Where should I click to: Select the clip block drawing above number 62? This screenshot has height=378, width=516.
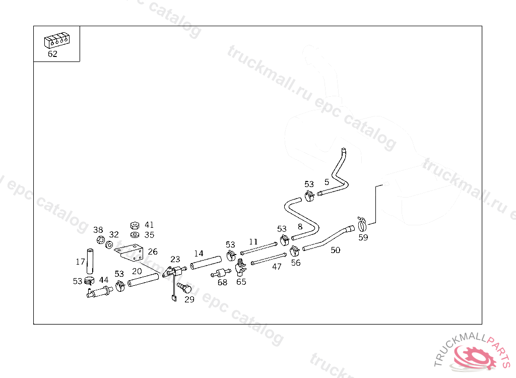(56, 41)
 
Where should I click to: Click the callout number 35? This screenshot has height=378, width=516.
(149, 235)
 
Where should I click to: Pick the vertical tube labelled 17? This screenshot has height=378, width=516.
(90, 261)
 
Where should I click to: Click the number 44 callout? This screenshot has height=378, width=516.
(104, 280)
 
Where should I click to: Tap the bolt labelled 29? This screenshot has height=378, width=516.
(184, 288)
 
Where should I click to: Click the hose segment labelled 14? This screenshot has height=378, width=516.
(206, 263)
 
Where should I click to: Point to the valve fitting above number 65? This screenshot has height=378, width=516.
(240, 264)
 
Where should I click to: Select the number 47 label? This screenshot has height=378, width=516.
(277, 267)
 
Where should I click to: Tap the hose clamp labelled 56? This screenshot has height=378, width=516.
(295, 250)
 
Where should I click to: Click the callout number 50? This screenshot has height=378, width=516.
(335, 250)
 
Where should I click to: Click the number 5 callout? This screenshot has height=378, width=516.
(327, 182)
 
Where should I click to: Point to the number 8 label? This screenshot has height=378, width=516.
(300, 227)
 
